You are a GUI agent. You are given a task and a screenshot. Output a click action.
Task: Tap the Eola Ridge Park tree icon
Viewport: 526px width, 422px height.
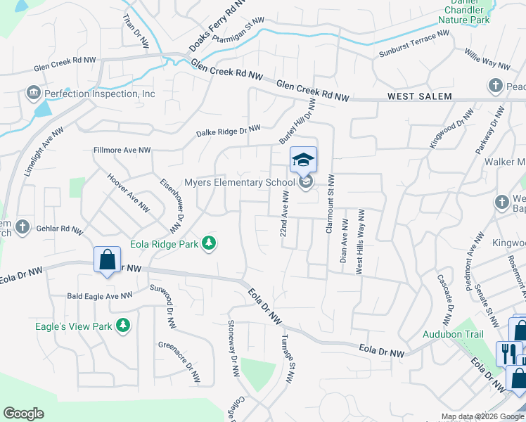click(x=209, y=243)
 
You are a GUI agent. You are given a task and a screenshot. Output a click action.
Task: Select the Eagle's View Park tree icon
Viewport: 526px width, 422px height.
click(x=124, y=325)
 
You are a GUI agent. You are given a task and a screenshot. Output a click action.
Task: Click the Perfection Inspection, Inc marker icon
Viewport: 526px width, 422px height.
click(x=33, y=94)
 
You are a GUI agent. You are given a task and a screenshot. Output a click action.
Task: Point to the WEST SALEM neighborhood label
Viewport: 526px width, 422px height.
click(x=419, y=96)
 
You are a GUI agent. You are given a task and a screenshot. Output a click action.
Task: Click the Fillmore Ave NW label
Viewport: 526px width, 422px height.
click(x=122, y=150)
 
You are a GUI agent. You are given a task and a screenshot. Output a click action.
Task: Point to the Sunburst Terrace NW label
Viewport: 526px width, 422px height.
click(x=413, y=44)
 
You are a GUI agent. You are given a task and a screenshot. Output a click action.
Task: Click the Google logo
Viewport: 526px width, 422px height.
click(x=23, y=414)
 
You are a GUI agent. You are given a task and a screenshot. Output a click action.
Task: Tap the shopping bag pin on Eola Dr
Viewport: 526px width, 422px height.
click(x=106, y=260)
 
